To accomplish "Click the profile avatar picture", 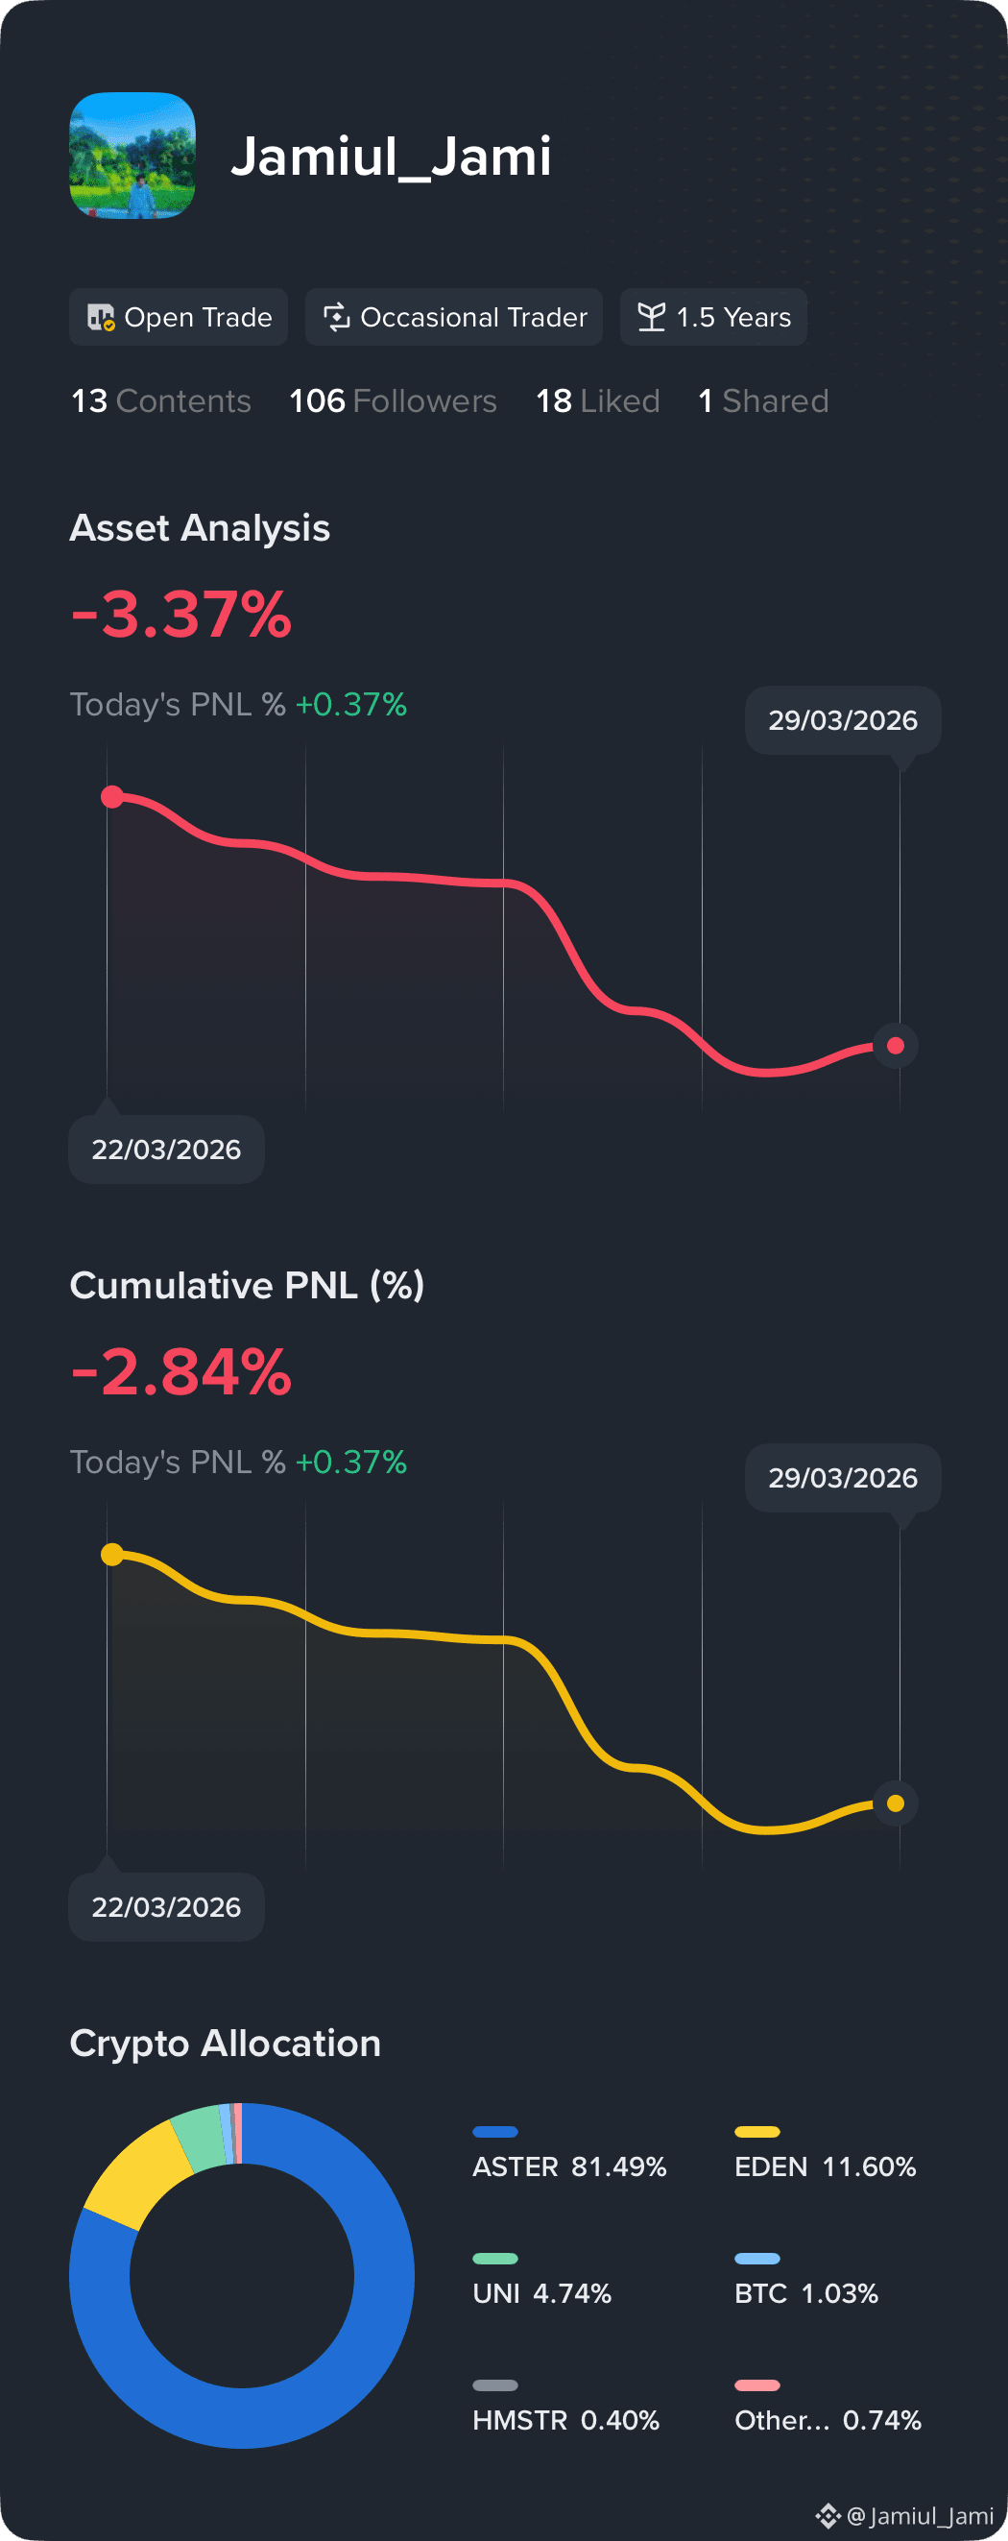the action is click(x=132, y=156).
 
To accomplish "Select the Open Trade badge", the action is click(x=179, y=318).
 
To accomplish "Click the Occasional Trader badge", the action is click(x=454, y=318).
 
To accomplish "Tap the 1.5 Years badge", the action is click(x=713, y=318).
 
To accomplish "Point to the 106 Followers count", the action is click(x=393, y=401).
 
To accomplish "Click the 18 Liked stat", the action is click(x=598, y=401).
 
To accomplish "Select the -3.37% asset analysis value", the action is click(x=181, y=615).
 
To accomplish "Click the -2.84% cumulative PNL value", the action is click(x=181, y=1372).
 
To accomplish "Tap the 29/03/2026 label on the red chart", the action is click(x=842, y=721).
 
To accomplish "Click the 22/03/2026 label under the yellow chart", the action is click(x=166, y=1908).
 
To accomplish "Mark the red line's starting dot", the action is click(x=112, y=797).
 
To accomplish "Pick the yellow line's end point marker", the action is click(x=896, y=1804).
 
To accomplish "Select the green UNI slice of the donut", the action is click(x=201, y=2138).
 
